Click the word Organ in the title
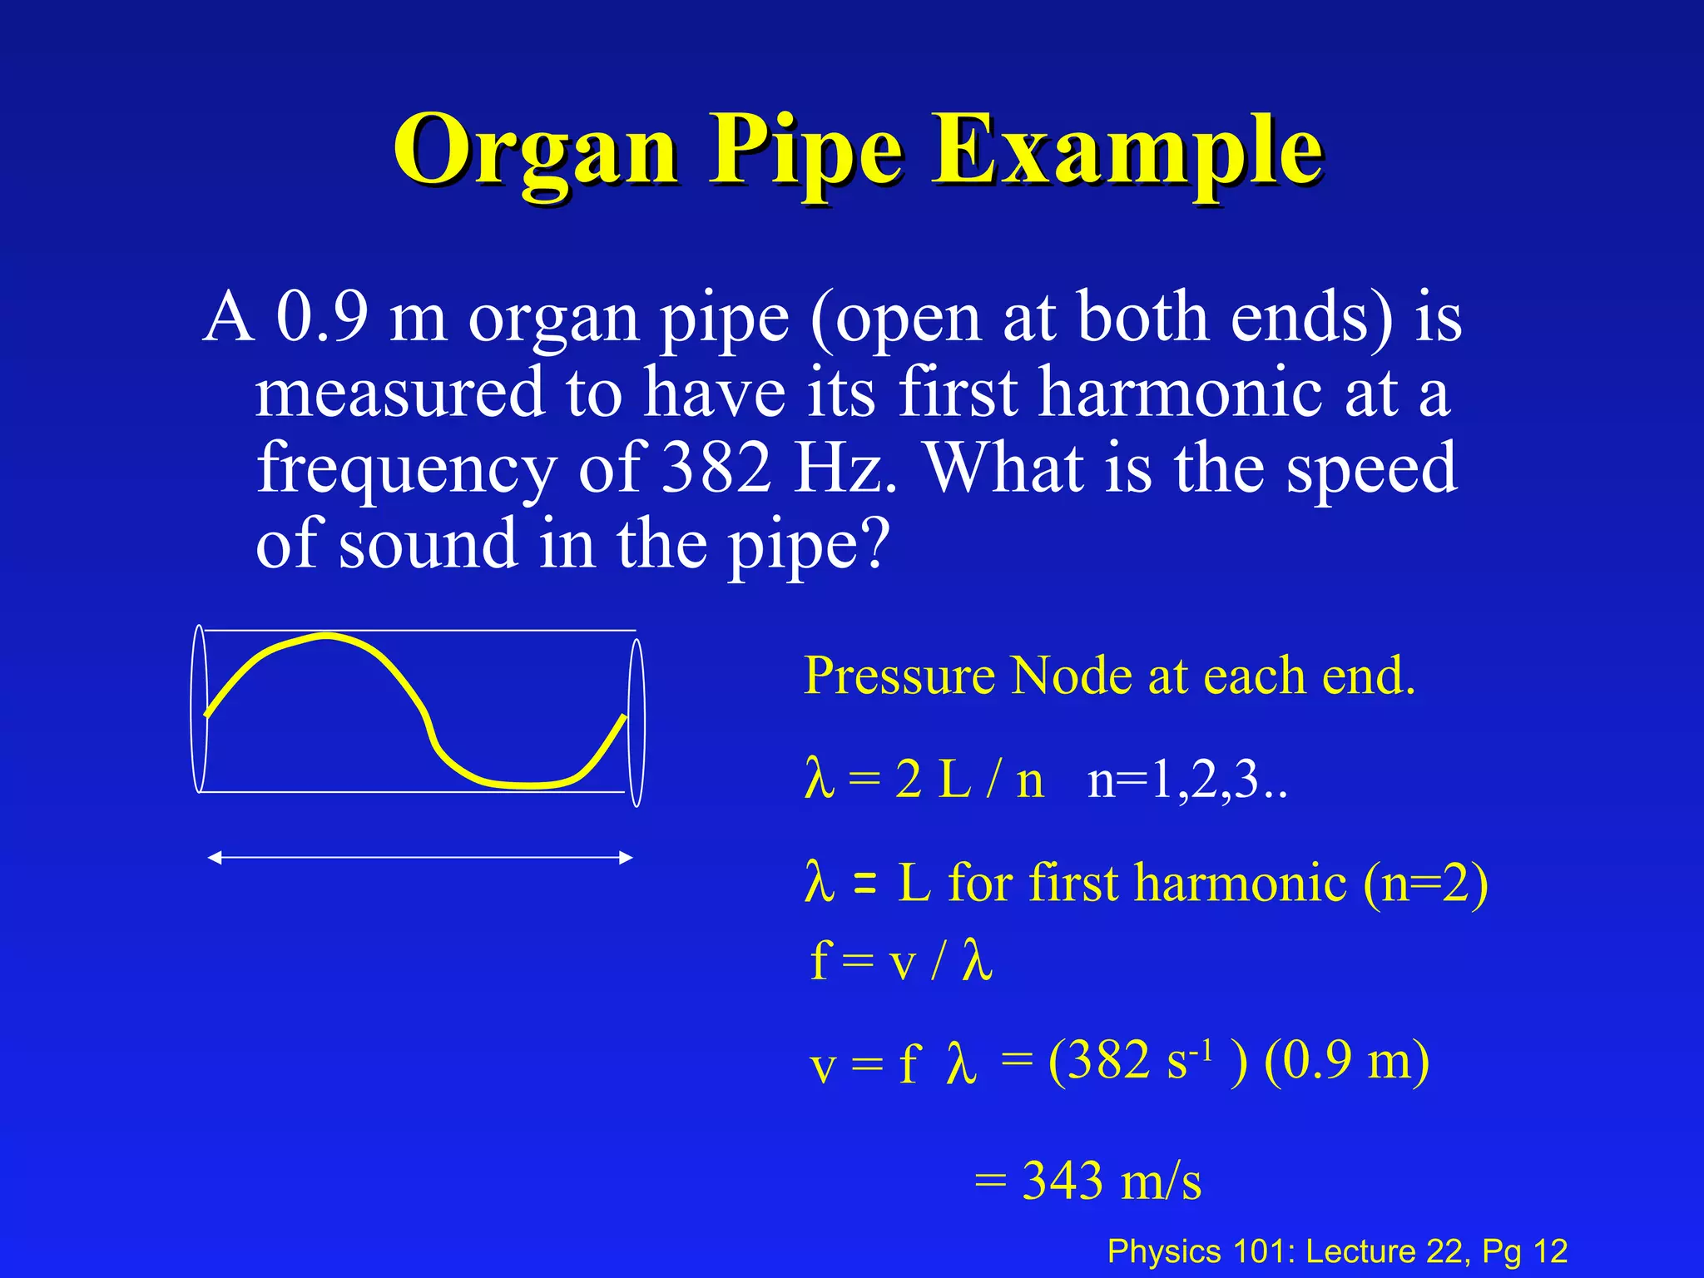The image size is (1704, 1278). [536, 151]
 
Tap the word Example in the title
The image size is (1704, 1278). [1127, 151]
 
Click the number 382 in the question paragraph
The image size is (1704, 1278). [716, 468]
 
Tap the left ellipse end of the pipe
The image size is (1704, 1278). [199, 708]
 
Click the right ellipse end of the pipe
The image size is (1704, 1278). [637, 722]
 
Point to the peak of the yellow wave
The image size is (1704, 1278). [326, 637]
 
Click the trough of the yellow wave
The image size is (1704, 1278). [524, 785]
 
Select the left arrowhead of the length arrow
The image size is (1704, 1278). [215, 858]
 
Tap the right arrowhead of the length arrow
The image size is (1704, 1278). [626, 858]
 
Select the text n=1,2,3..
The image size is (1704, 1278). [1186, 781]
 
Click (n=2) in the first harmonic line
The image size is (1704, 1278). [1425, 883]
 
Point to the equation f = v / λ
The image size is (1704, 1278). [901, 961]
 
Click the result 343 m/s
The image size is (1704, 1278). [1111, 1181]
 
